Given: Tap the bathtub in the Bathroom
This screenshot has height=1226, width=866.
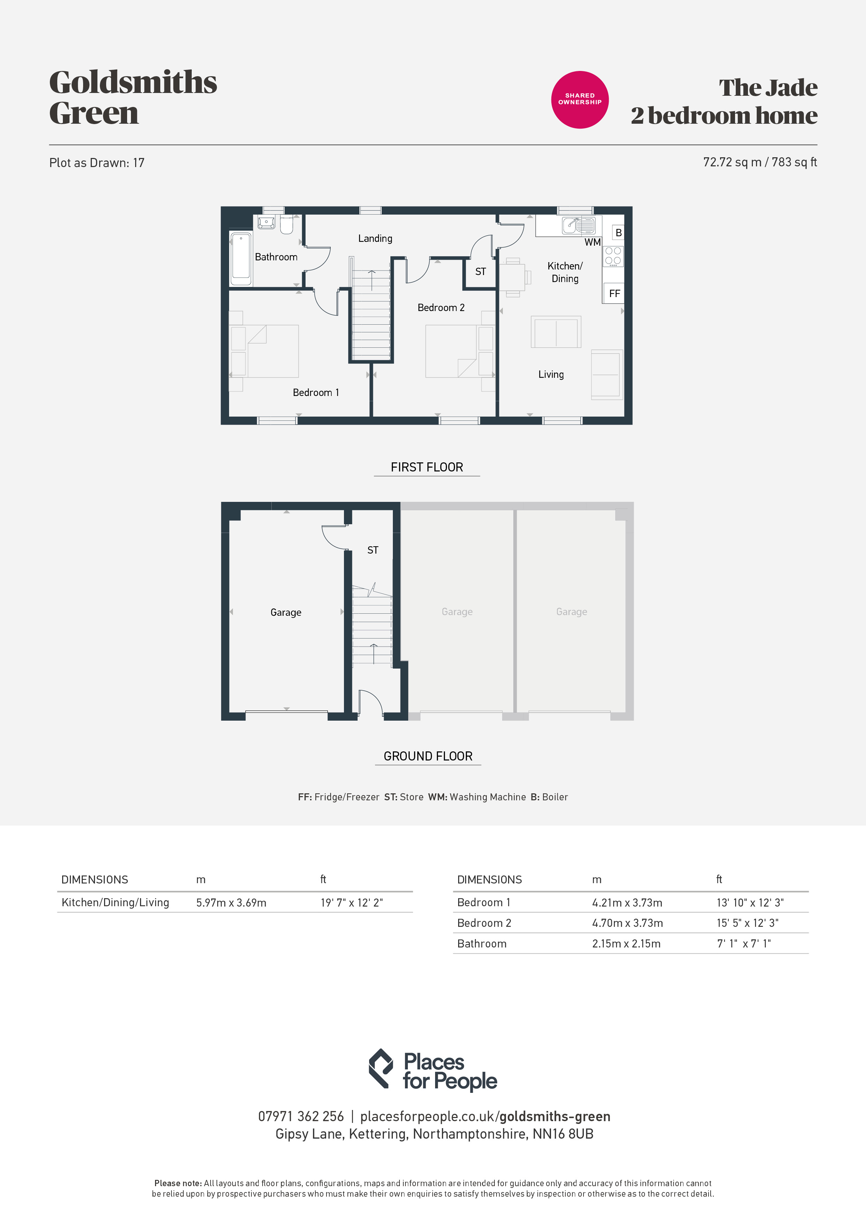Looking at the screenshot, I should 241,258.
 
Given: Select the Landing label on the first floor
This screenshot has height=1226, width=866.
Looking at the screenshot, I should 375,239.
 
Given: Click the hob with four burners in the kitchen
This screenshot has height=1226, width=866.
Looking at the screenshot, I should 613,256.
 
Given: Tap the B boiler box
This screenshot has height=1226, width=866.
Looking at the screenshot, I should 618,232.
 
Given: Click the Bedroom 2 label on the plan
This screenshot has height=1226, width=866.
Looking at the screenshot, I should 441,308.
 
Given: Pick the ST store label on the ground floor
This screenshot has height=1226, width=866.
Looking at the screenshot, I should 373,550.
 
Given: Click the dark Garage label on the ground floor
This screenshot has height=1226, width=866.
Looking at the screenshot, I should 285,612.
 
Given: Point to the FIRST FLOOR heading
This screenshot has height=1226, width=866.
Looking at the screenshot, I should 427,467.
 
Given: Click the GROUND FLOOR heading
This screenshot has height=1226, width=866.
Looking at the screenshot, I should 428,756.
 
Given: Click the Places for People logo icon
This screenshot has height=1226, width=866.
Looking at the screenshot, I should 380,1068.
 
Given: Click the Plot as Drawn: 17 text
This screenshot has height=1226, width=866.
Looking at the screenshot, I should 97,163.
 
